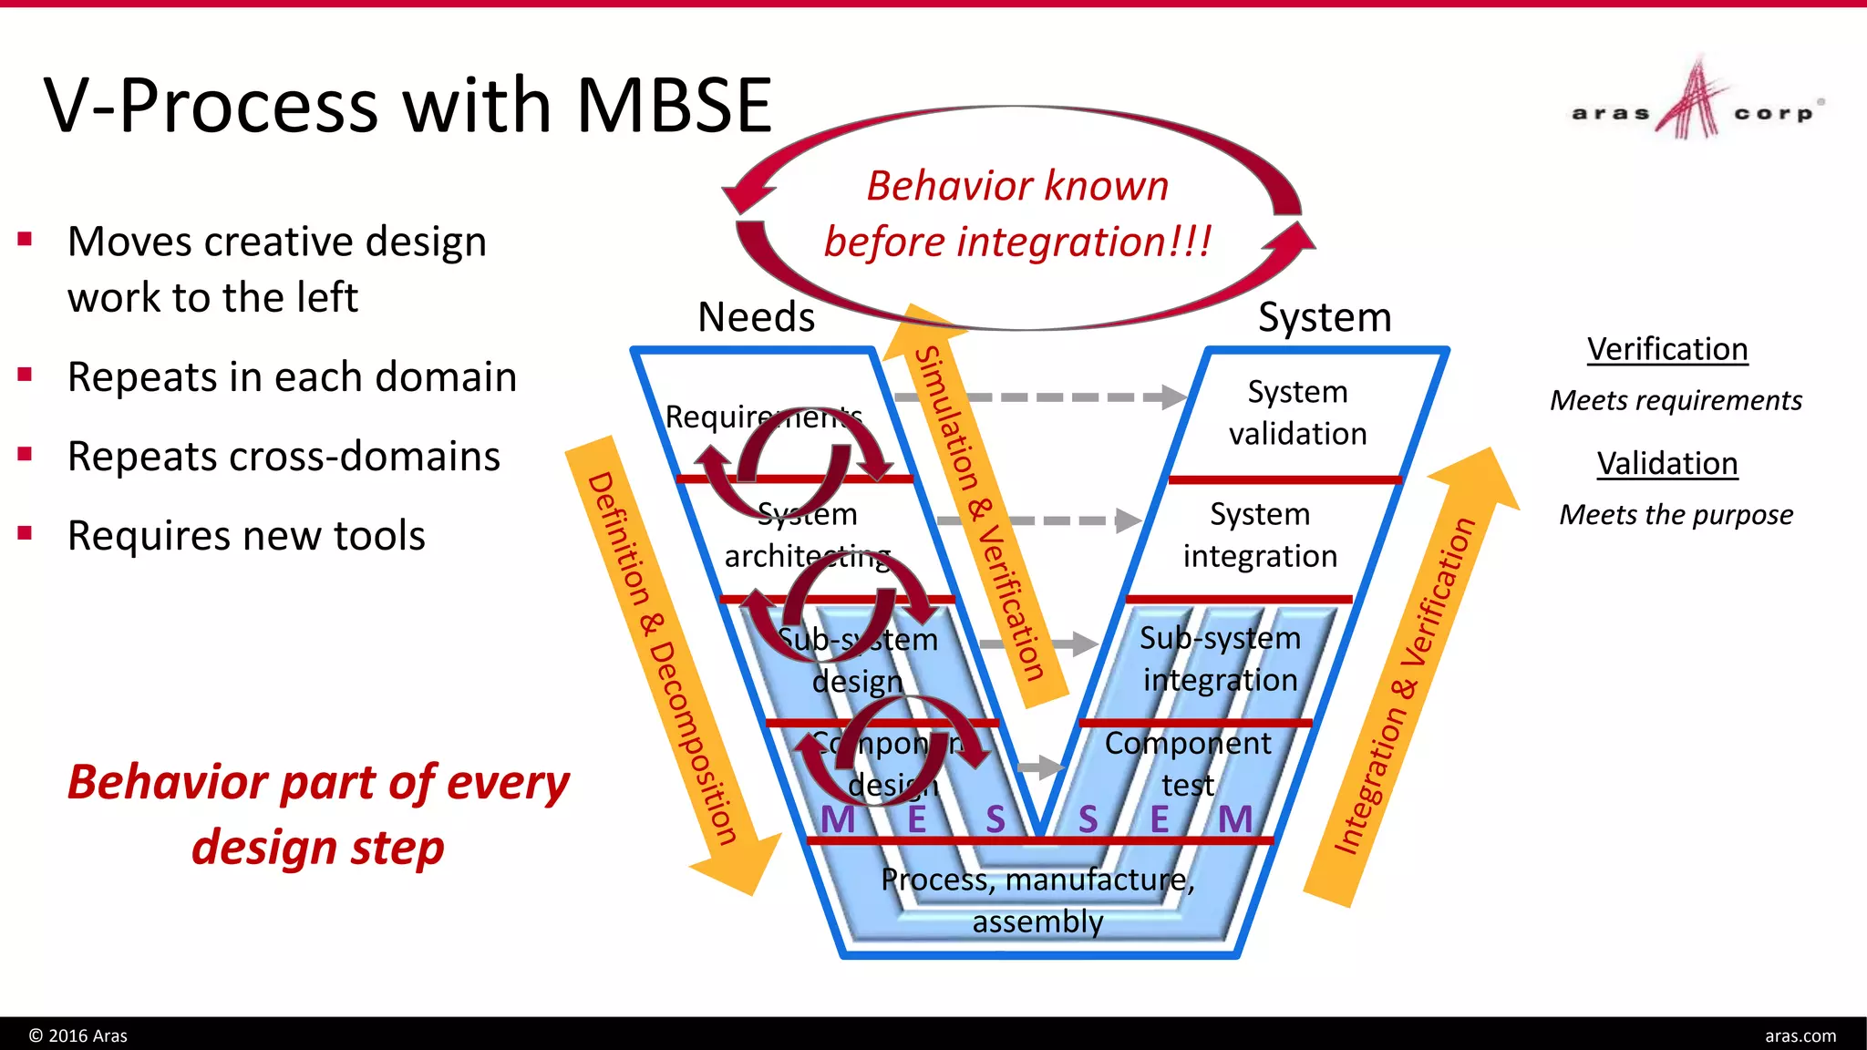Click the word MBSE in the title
coord(675,106)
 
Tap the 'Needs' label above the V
coord(756,317)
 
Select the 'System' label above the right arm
coord(1325,317)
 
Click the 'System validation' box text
coord(1297,413)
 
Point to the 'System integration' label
coord(1260,535)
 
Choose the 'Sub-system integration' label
coord(1220,659)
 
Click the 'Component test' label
coord(1187,764)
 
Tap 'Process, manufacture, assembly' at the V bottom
coord(1037,901)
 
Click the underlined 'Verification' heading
coord(1667,349)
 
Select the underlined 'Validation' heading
coord(1667,464)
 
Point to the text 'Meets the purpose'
coord(1676,515)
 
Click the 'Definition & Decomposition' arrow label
coord(662,659)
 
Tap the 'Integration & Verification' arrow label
coord(1405,685)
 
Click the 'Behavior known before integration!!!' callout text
coord(1017,214)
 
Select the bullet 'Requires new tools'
coord(246,536)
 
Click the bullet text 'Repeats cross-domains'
coord(284,457)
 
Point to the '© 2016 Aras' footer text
coord(78,1035)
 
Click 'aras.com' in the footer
coord(1800,1035)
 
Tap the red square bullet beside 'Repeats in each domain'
coord(25,375)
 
